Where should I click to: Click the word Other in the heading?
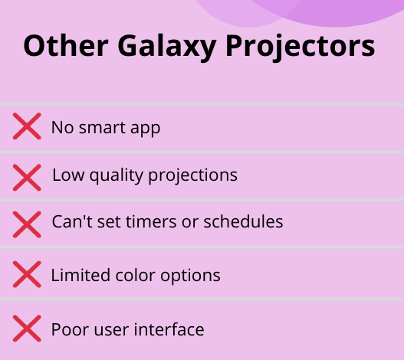click(x=66, y=46)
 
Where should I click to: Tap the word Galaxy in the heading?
click(x=167, y=48)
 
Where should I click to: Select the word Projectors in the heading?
click(x=301, y=48)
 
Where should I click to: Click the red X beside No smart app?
click(x=27, y=126)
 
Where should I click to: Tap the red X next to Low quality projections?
click(x=27, y=178)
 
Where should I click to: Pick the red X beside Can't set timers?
click(x=27, y=224)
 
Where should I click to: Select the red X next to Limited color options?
click(x=27, y=274)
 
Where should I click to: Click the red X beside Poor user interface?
click(x=27, y=329)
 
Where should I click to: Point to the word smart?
click(x=102, y=127)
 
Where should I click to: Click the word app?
click(x=146, y=129)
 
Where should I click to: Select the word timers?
click(x=151, y=221)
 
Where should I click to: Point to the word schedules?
click(x=243, y=221)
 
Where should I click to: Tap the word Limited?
click(x=80, y=275)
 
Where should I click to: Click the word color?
click(x=135, y=275)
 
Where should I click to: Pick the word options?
click(x=190, y=277)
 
